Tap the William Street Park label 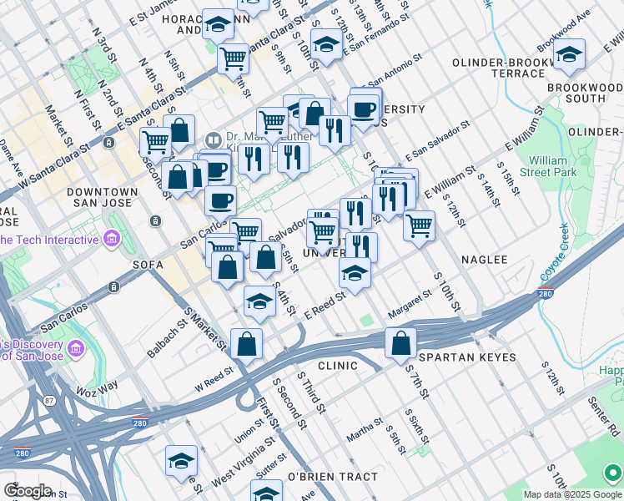click(553, 165)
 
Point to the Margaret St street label click(409, 305)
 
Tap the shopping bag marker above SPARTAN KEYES click(401, 342)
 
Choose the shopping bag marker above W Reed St click(247, 344)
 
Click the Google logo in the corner click(28, 490)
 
